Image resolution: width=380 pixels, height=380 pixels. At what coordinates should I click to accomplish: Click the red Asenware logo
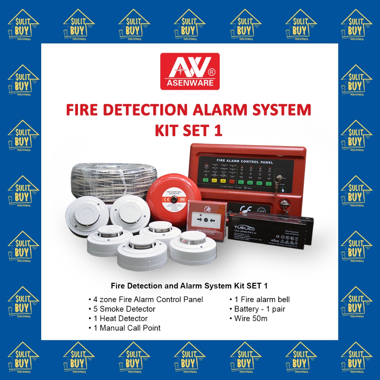[x=190, y=71]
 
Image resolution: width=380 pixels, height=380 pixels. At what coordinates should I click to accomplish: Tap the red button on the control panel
[x=233, y=181]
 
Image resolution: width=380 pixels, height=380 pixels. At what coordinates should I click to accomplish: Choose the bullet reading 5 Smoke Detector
[x=122, y=309]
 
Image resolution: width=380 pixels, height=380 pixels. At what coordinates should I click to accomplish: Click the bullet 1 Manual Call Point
[x=124, y=328]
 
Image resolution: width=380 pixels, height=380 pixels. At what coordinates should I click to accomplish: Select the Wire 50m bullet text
[x=248, y=318]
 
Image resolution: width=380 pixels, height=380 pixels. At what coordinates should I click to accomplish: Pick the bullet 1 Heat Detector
[x=118, y=318]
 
